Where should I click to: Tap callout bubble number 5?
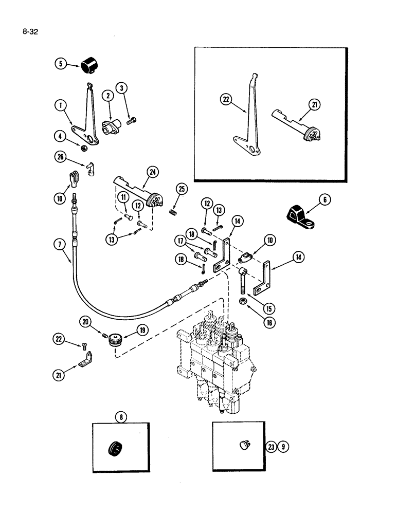point(60,64)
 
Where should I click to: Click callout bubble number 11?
point(124,198)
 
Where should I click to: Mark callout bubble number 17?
point(181,240)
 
